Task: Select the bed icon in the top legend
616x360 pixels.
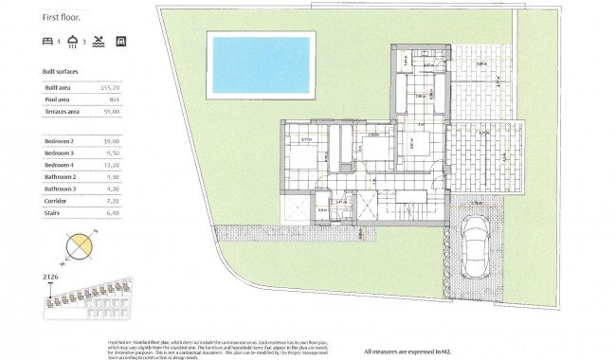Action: tap(48, 43)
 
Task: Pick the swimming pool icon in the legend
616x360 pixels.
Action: tap(98, 43)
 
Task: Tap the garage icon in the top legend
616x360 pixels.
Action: tap(119, 43)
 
